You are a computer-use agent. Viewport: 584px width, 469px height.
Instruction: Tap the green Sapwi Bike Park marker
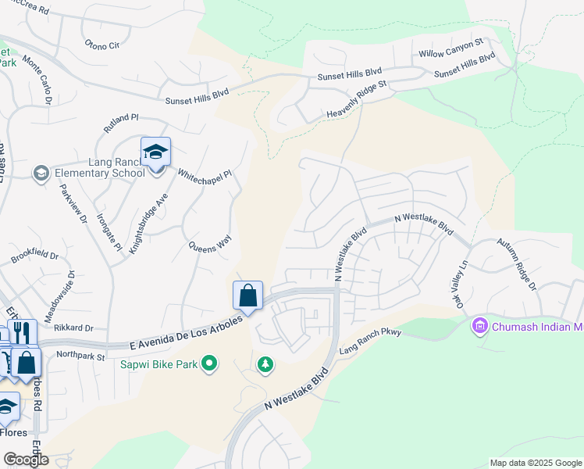[209, 363]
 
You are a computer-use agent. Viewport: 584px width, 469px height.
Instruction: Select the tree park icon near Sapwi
[265, 364]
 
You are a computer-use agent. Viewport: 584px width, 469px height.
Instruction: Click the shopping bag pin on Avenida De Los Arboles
[247, 296]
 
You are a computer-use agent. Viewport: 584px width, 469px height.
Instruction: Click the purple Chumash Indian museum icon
[479, 325]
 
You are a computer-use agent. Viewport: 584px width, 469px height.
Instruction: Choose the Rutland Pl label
[121, 123]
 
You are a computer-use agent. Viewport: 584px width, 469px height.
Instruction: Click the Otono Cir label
[102, 45]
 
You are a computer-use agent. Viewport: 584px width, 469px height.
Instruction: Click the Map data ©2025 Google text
[535, 463]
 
